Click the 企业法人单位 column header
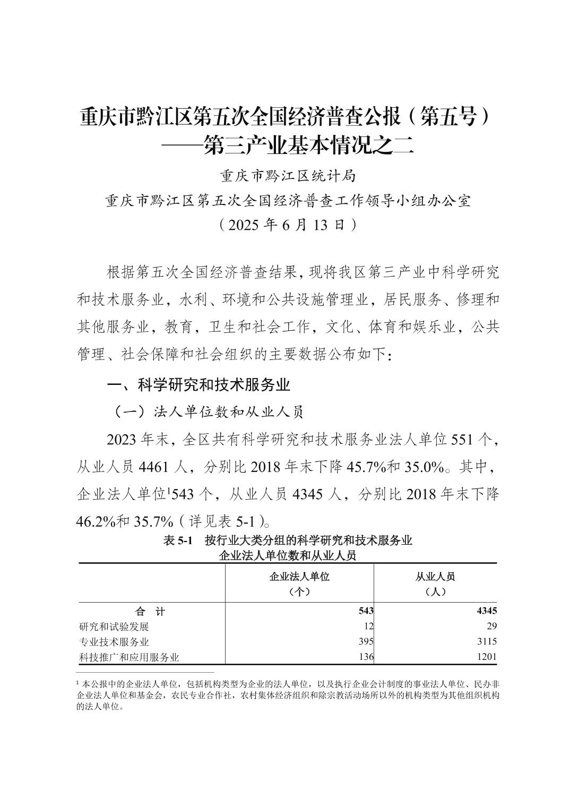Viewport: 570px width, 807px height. [x=299, y=577]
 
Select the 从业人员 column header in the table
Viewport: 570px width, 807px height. [x=435, y=577]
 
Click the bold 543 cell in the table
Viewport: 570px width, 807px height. [x=366, y=611]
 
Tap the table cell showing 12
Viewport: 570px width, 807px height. [x=369, y=626]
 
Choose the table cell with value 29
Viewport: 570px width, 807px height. [x=491, y=626]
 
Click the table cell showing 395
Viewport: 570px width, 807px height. [x=366, y=641]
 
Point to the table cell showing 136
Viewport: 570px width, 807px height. [x=366, y=657]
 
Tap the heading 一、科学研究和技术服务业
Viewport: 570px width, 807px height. [x=199, y=384]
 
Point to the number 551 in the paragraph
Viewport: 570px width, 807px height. [x=461, y=440]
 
